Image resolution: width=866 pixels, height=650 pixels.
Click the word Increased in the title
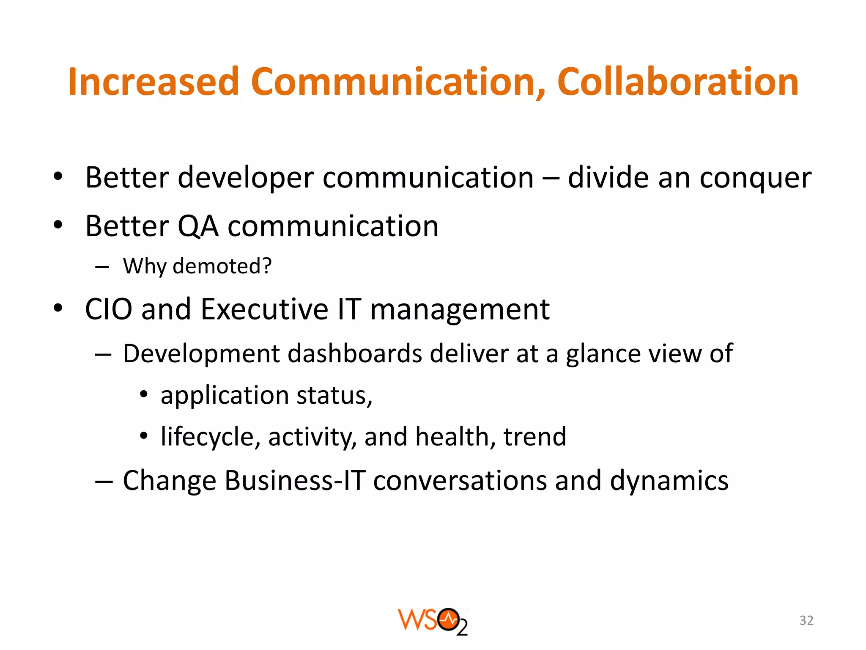coord(154,82)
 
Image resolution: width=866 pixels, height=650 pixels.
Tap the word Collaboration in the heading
coord(677,82)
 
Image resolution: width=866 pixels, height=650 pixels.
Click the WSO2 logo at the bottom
coord(433,621)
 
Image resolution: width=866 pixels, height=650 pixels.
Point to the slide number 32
coord(806,620)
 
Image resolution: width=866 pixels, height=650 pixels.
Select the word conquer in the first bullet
coord(755,178)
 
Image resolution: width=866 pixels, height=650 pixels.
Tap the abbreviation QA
coord(198,226)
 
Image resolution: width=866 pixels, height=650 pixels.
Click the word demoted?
coord(222,267)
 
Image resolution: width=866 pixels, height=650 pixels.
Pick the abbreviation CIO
coord(109,309)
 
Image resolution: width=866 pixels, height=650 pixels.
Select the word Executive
coord(264,309)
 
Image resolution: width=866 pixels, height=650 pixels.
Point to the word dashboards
coord(354,354)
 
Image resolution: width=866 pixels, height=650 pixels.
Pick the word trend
coord(534,437)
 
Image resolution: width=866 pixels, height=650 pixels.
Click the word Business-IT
coord(295,481)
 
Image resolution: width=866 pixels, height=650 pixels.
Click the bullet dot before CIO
coord(58,308)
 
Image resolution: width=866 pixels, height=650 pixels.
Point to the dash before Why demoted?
coord(102,267)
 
